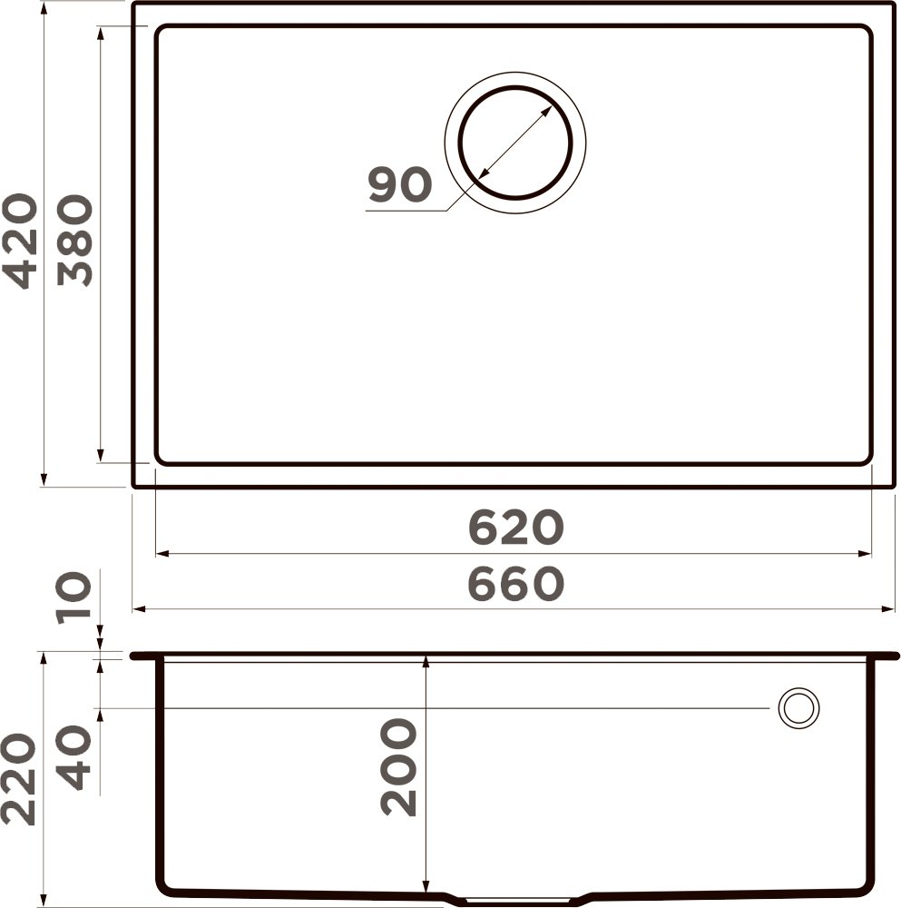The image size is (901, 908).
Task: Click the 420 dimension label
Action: [x=20, y=242]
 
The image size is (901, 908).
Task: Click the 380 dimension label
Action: [x=74, y=242]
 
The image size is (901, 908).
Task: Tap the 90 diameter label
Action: [x=399, y=186]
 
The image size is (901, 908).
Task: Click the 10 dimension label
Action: [x=74, y=597]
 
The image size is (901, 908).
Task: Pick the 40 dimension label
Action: [x=74, y=758]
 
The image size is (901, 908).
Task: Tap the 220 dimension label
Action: [x=20, y=781]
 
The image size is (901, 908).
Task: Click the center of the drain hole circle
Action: [x=515, y=143]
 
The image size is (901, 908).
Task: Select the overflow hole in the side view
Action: [x=798, y=707]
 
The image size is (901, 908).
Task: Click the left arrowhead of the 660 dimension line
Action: [x=139, y=609]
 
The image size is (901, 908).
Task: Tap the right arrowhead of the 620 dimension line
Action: [x=866, y=553]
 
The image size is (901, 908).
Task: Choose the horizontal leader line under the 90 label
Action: [x=408, y=212]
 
